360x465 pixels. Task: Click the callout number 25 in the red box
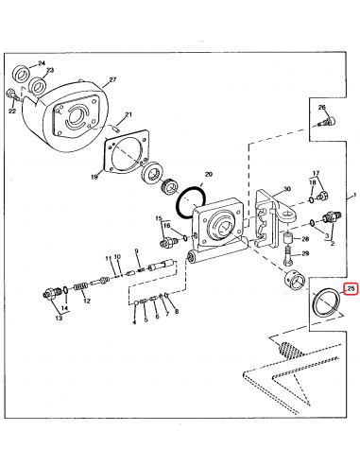click(351, 288)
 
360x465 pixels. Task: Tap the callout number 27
click(112, 79)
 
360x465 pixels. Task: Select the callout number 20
click(209, 174)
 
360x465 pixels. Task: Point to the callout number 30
click(286, 189)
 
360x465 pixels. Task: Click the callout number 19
click(94, 177)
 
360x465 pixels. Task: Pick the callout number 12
click(87, 301)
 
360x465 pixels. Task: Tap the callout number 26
click(321, 108)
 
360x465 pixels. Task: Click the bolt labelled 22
click(11, 95)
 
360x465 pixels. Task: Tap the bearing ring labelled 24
click(22, 74)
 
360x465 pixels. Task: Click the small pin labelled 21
click(116, 129)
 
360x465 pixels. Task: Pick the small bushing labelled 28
click(288, 238)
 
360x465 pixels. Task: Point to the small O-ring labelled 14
click(65, 289)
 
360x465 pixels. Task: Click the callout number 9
click(136, 250)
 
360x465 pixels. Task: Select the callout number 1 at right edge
click(354, 195)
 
